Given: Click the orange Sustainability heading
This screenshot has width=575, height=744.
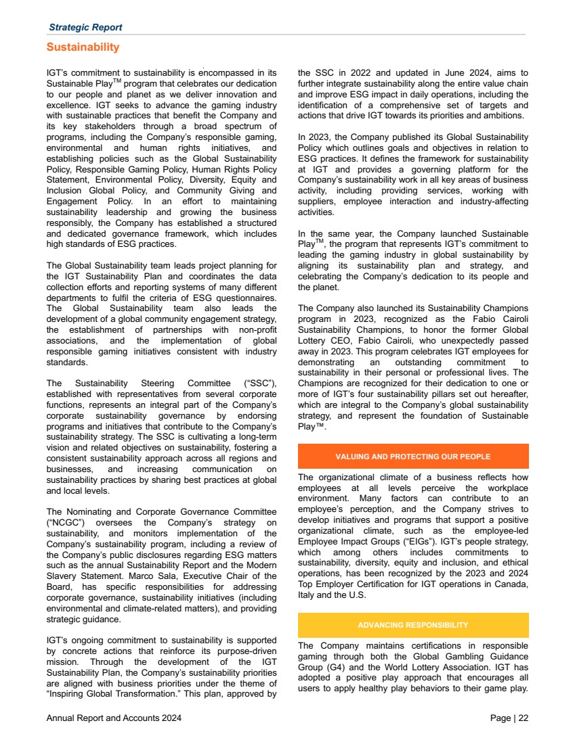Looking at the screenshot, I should [83, 47].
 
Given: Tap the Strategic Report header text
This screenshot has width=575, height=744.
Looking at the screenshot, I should [85, 28].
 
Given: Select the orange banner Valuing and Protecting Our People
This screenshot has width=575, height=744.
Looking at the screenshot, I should [413, 457].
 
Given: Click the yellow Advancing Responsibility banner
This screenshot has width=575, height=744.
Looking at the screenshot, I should [413, 625].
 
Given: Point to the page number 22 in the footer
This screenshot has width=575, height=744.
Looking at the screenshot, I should [524, 718].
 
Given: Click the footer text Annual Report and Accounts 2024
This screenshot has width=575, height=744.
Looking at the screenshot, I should [114, 718].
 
